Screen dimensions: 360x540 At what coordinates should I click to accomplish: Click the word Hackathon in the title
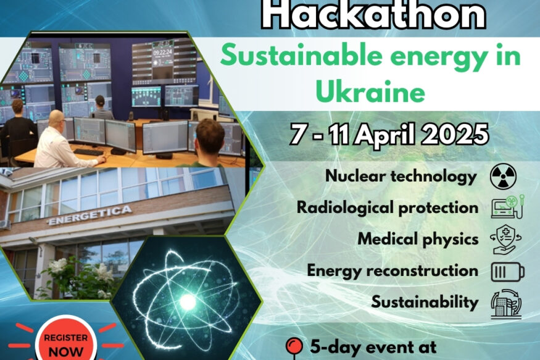(372, 15)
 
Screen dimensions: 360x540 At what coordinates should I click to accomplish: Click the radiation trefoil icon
(503, 177)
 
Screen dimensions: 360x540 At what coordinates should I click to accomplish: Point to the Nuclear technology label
(401, 177)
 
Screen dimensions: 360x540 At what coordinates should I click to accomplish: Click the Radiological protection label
(388, 207)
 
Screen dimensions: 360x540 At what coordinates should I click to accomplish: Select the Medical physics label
(418, 238)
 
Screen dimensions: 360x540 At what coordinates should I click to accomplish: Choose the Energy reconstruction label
(393, 270)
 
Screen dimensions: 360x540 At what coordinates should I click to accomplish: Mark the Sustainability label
(425, 302)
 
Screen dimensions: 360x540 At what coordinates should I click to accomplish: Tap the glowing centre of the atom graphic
(187, 301)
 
